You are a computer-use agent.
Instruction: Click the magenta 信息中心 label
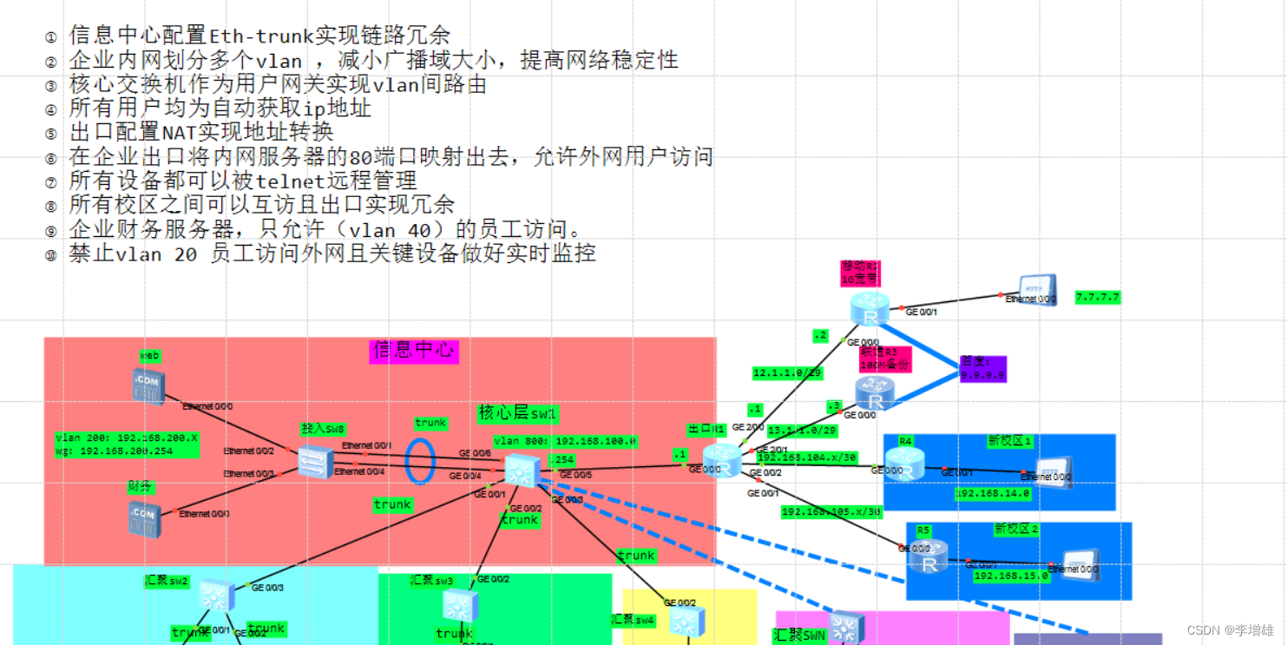coord(413,351)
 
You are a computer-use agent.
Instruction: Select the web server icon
coord(148,386)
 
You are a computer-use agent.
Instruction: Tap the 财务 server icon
coord(142,516)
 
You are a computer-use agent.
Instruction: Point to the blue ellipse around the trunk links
coord(421,460)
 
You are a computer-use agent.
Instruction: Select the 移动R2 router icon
coord(869,309)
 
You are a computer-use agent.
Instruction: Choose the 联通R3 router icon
coord(874,395)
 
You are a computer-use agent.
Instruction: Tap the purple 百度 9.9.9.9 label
coord(982,369)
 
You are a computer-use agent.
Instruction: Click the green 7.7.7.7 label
coord(1097,297)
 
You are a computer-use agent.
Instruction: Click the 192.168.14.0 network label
coord(992,493)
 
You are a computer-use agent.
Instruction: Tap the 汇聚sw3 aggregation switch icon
coord(457,605)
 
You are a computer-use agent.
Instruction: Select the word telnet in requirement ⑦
coord(294,181)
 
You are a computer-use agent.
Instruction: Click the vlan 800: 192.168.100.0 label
coord(565,441)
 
